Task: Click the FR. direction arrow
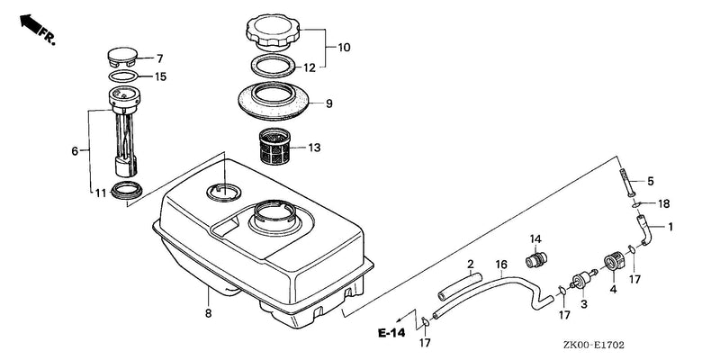30,24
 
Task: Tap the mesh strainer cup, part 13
275,147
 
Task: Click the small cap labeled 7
122,56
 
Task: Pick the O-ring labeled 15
123,76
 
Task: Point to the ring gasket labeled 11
127,190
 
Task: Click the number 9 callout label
328,103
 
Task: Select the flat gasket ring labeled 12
274,66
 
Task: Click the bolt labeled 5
631,183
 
